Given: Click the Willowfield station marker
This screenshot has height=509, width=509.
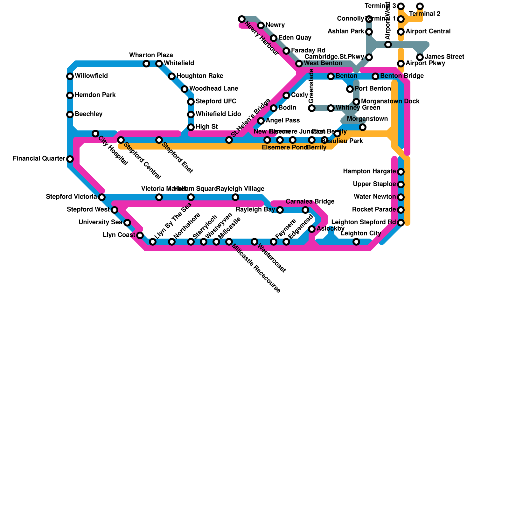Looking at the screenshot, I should [x=70, y=76].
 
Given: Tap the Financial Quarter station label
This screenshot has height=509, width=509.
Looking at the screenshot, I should [x=39, y=158].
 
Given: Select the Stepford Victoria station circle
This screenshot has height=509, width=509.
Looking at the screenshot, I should [x=102, y=197].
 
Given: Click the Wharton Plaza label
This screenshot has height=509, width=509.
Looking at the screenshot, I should [x=151, y=55].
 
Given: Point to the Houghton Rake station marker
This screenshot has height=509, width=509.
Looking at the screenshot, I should [x=172, y=76].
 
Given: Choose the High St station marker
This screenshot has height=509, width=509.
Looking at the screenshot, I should [x=191, y=127].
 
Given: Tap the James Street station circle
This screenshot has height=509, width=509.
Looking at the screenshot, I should [x=420, y=57].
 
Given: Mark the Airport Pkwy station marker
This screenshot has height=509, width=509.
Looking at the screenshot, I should [x=401, y=64].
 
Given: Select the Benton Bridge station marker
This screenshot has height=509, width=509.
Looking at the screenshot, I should [x=375, y=76].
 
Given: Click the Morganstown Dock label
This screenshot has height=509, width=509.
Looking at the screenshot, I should [x=390, y=101].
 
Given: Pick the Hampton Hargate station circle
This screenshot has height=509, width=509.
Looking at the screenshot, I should [x=401, y=172].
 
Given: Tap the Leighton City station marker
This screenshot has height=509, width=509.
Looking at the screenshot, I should [x=356, y=242].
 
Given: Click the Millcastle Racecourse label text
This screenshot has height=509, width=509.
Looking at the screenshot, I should [x=256, y=268].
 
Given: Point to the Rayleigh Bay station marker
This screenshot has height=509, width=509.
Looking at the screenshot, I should [x=280, y=210].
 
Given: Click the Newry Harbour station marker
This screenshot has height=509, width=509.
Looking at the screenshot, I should [x=242, y=19].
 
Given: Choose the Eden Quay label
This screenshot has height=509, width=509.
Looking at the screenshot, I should [x=295, y=38].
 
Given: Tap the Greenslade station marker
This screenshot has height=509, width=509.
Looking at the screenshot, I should [x=312, y=108].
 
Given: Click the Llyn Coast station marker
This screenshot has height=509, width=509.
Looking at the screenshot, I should [x=140, y=235].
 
